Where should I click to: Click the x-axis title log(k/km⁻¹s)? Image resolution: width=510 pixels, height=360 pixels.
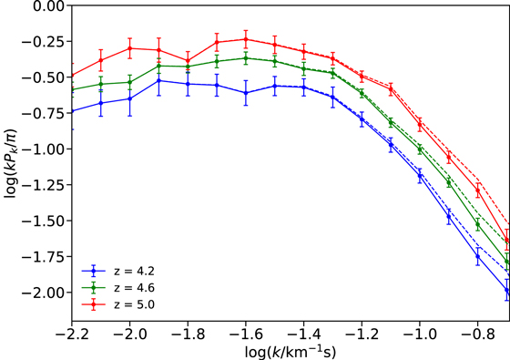(x=290, y=352)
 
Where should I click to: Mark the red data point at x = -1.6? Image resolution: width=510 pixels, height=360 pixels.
(x=246, y=39)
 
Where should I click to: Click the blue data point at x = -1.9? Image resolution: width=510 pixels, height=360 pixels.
(x=158, y=80)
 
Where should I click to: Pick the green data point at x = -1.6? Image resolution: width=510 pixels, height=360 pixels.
(x=246, y=58)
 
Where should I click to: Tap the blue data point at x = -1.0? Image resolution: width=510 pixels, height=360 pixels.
(x=420, y=173)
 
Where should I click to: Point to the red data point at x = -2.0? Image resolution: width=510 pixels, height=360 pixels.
(x=129, y=48)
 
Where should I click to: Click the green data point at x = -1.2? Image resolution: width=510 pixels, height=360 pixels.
(x=362, y=92)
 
